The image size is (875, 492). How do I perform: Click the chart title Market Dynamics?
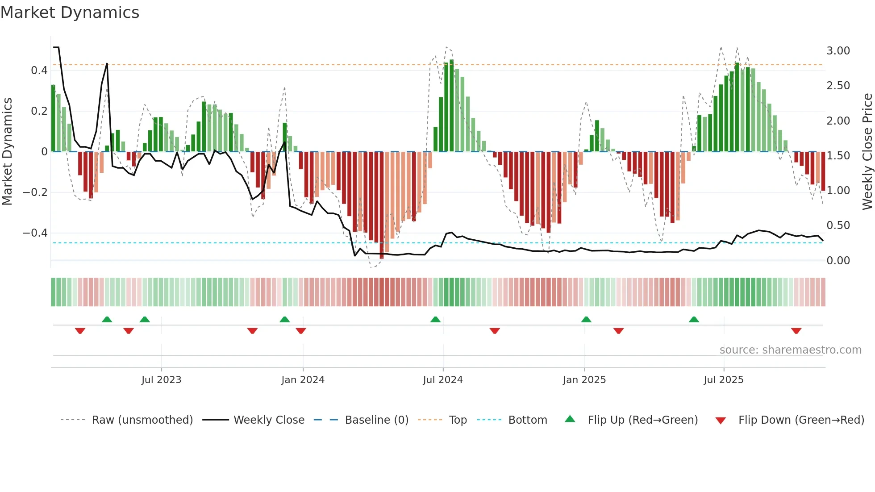tap(70, 13)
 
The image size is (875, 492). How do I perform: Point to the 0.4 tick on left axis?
tap(39, 71)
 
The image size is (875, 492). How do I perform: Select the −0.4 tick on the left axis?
tap(35, 233)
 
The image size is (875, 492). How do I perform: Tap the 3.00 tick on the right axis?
tap(838, 51)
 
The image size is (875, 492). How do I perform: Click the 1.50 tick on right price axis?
tap(838, 156)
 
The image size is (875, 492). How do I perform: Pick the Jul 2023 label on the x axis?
tap(161, 380)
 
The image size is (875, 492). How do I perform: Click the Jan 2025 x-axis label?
tap(584, 380)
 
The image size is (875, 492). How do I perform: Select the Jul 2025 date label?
tap(723, 380)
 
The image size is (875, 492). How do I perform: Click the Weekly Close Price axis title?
tap(867, 151)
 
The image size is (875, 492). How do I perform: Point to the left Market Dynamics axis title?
tap(8, 151)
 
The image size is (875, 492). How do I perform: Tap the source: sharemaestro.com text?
tap(790, 350)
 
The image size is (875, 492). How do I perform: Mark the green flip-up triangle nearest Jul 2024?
tap(435, 319)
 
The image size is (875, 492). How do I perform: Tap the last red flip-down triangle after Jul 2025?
tap(796, 331)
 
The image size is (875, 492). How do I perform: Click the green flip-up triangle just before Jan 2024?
tap(284, 319)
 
